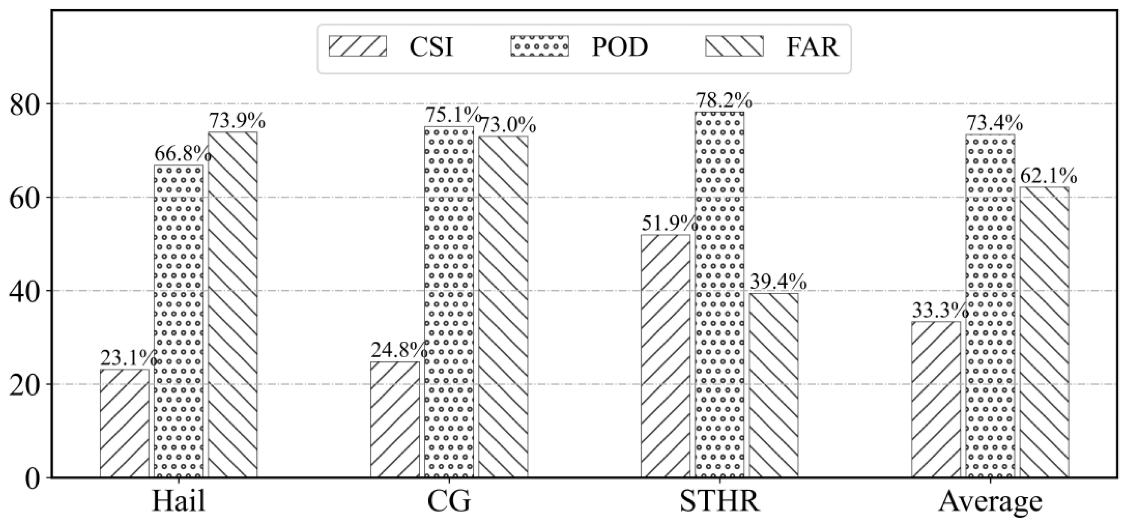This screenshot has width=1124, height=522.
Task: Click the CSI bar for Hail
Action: pos(124,423)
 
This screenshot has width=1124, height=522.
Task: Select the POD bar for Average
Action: pos(990,306)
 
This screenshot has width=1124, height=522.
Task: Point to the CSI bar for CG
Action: pos(395,419)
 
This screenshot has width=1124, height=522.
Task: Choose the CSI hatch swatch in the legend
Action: pos(358,46)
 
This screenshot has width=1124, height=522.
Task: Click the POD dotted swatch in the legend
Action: pos(540,46)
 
